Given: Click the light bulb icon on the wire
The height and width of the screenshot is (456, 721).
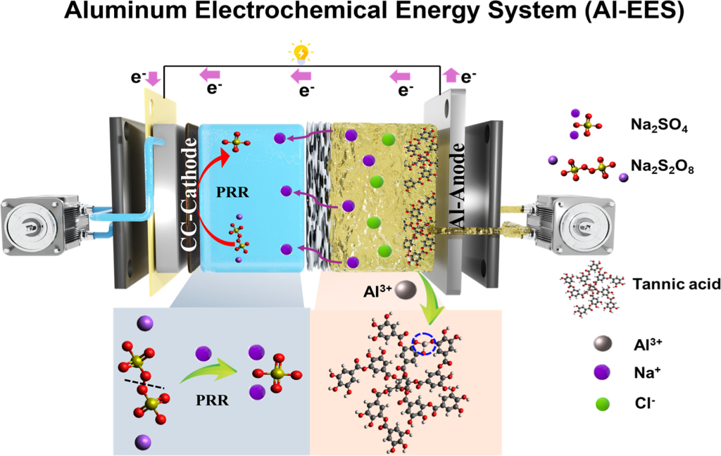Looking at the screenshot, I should click(x=301, y=53).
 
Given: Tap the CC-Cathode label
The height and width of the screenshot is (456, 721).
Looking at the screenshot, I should click(x=190, y=196).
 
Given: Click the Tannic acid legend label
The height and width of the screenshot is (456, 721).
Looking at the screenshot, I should click(x=665, y=284).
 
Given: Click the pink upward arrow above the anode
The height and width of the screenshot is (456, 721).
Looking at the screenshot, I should click(x=451, y=74).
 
